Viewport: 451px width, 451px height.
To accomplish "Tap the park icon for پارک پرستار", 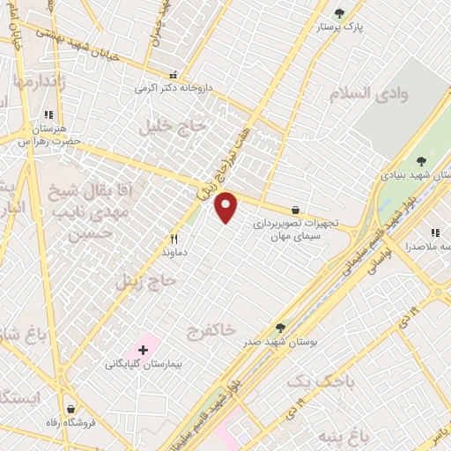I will pyautogui.click(x=340, y=13).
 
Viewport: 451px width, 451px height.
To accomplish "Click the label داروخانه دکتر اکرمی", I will pyautogui.click(x=174, y=88).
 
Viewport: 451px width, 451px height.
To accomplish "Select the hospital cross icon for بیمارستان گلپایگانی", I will pyautogui.click(x=143, y=351).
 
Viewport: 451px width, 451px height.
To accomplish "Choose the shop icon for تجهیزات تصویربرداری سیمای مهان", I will pyautogui.click(x=295, y=210).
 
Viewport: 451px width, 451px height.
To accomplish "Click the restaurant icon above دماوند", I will pyautogui.click(x=174, y=239).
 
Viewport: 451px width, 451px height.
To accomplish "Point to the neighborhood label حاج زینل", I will pyautogui.click(x=147, y=282).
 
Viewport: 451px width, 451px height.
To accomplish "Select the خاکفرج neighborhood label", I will pyautogui.click(x=211, y=330).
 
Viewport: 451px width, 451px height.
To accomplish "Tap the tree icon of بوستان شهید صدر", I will pyautogui.click(x=281, y=328).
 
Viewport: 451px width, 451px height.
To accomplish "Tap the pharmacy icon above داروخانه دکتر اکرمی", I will pyautogui.click(x=174, y=75).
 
